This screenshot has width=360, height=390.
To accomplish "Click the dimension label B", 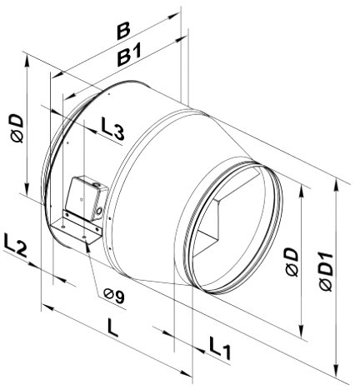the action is [x=123, y=32].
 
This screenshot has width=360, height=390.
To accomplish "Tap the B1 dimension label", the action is [x=130, y=55].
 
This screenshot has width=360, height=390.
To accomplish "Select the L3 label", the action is [x=112, y=127].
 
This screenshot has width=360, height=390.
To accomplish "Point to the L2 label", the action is [x=15, y=244].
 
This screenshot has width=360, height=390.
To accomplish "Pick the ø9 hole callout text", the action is [x=114, y=295].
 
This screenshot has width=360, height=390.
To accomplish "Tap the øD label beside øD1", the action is [x=292, y=262].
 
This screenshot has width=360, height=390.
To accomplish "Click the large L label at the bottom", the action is [x=112, y=327].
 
